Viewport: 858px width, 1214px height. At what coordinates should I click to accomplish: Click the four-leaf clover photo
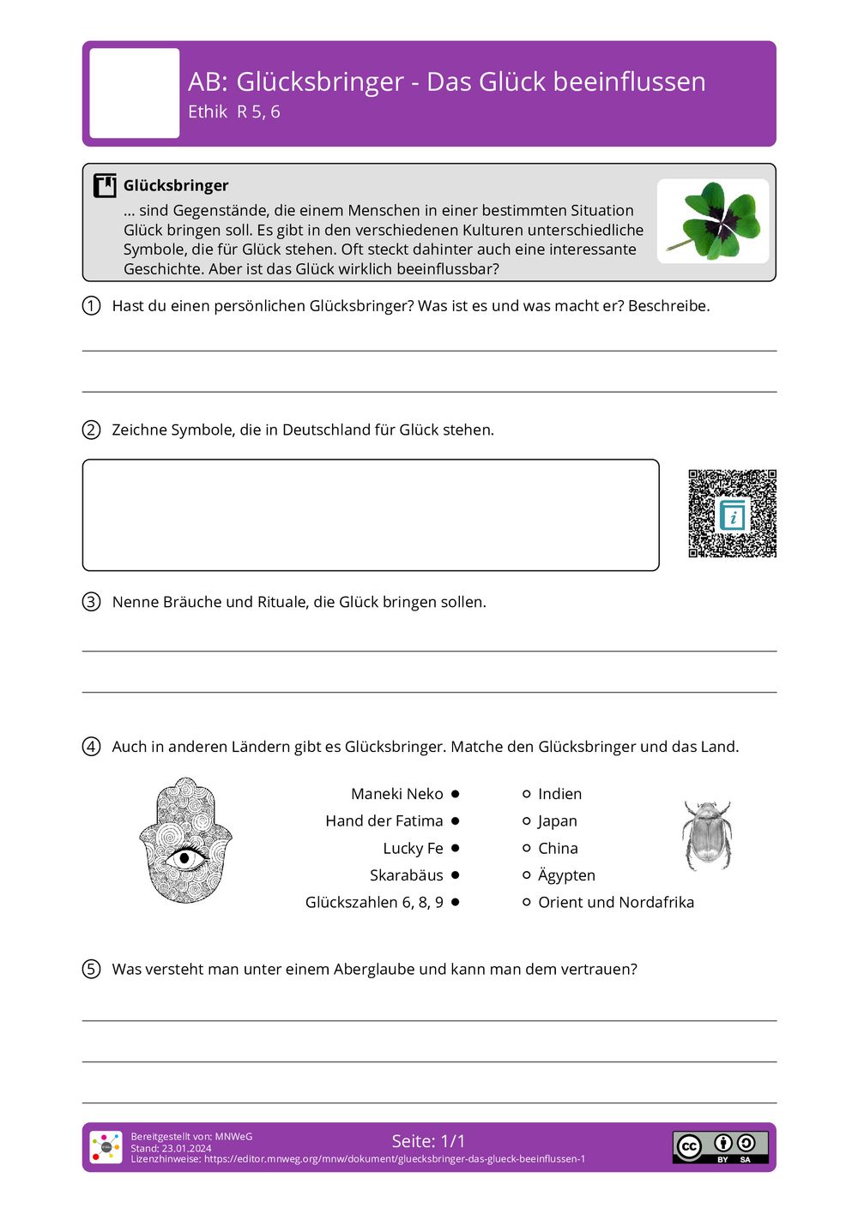coord(713,221)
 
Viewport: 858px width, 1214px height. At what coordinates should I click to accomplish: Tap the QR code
coord(732,514)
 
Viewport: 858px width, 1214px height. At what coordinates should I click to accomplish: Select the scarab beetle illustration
coord(707,836)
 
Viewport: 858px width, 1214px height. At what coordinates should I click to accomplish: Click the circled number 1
coord(91,306)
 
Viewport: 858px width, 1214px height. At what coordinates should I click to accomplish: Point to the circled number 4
coord(91,747)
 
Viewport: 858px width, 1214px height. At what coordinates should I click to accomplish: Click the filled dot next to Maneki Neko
coord(455,794)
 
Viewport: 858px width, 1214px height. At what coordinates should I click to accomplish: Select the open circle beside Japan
coord(527,821)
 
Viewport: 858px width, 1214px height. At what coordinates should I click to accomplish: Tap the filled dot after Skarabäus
coord(455,875)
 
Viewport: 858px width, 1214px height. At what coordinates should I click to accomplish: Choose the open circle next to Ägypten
coord(527,875)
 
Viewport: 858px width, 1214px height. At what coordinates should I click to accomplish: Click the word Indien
coord(559,794)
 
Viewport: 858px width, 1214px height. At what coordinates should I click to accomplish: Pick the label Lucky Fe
coord(413,848)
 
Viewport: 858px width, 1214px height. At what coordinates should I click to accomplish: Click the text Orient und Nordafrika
coord(616,902)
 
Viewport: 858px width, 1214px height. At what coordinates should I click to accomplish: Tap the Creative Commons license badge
coord(720,1147)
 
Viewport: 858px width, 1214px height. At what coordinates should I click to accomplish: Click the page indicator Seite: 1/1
coord(428,1141)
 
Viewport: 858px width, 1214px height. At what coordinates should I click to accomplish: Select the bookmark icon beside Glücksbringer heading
coord(105,185)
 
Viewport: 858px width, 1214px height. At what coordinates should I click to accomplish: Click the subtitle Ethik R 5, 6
coord(233,111)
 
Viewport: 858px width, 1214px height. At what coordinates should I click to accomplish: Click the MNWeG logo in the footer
coord(106,1147)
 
